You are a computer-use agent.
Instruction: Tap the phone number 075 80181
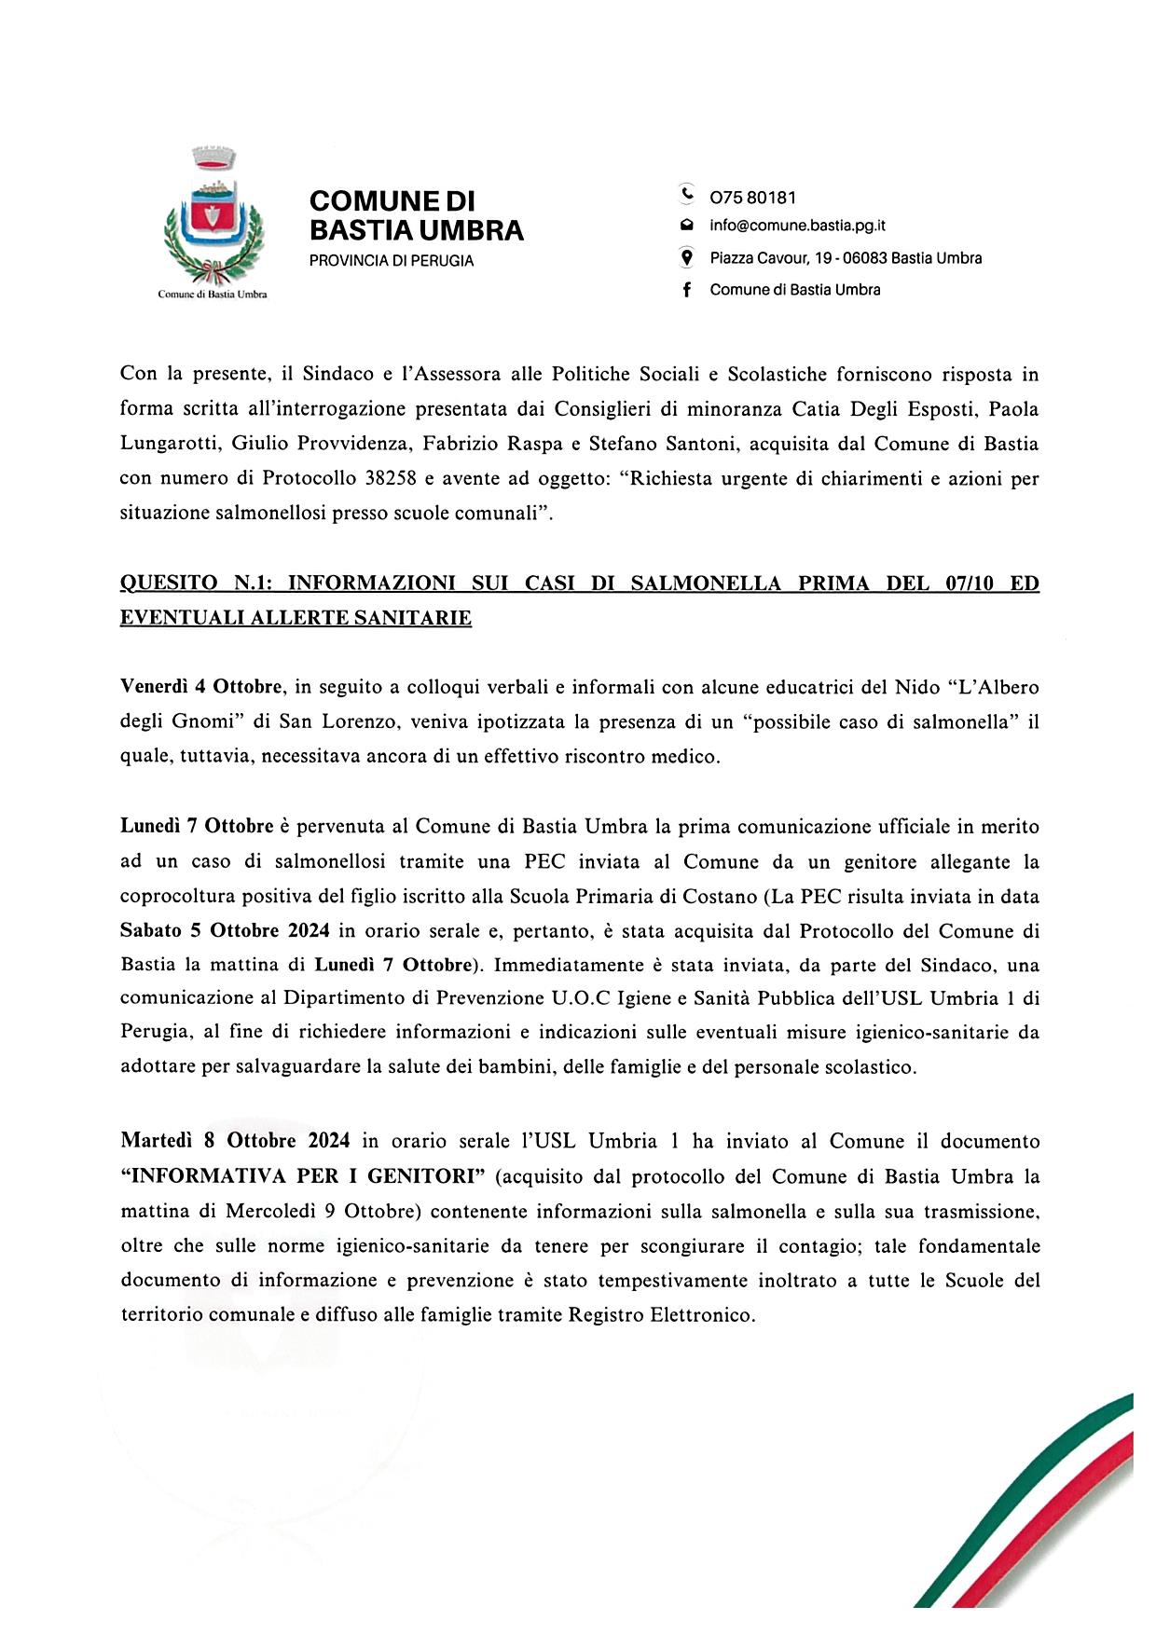[752, 198]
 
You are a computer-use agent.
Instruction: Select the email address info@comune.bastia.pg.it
[797, 226]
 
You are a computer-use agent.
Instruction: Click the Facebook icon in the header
[687, 290]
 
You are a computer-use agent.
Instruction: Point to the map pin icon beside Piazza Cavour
[687, 257]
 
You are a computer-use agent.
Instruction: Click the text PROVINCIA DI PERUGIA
[392, 261]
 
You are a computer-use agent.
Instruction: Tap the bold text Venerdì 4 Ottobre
[201, 688]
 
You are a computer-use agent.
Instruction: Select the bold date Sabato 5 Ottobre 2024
[226, 930]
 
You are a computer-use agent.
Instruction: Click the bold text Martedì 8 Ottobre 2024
[235, 1141]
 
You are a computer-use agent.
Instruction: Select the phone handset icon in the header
[687, 196]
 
